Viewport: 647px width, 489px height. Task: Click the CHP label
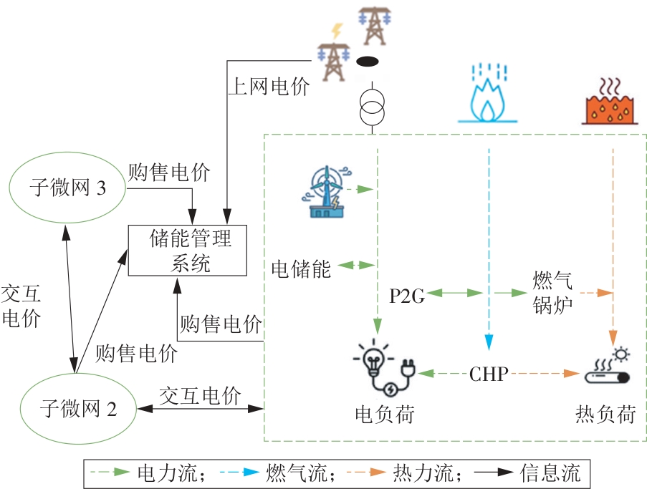pos(490,374)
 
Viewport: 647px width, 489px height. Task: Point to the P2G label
pos(408,294)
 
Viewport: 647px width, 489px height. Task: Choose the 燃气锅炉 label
pos(552,293)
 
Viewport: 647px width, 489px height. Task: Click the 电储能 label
pos(301,269)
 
